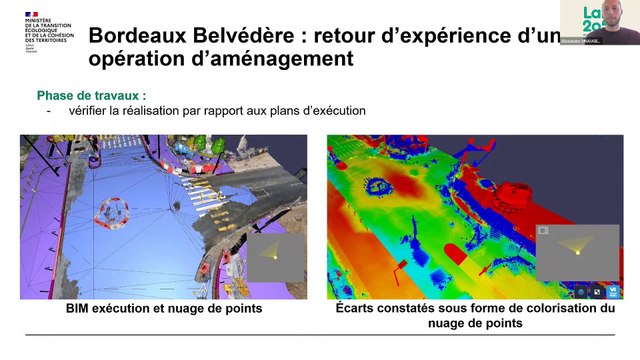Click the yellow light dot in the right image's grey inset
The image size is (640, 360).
[x=576, y=253]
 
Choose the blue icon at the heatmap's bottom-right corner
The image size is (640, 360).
[x=611, y=292]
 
